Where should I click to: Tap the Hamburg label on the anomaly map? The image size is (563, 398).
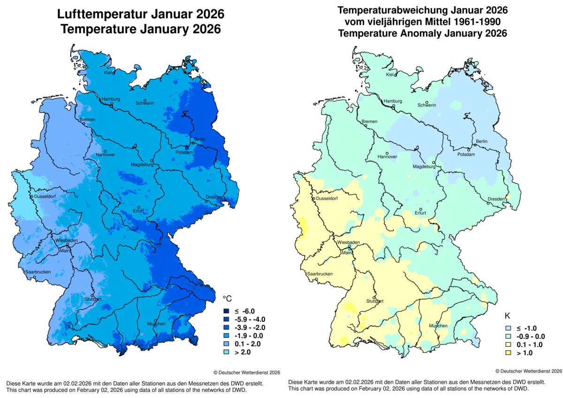[x=393, y=101]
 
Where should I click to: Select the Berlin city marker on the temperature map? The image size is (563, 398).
[x=192, y=142]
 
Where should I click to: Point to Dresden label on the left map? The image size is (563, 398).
[x=214, y=198]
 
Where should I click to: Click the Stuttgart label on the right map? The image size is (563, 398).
[x=375, y=301]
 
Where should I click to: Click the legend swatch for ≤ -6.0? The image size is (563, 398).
[x=226, y=311]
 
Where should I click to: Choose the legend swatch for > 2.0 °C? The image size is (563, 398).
[x=226, y=351]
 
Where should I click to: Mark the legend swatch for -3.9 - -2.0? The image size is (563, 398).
[x=226, y=327]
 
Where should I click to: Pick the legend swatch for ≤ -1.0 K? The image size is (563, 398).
[x=508, y=328]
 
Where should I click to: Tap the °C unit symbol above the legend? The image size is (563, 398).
[x=227, y=299]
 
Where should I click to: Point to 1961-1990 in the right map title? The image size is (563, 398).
[x=477, y=22]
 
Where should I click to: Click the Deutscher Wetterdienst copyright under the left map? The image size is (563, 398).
[x=247, y=372]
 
